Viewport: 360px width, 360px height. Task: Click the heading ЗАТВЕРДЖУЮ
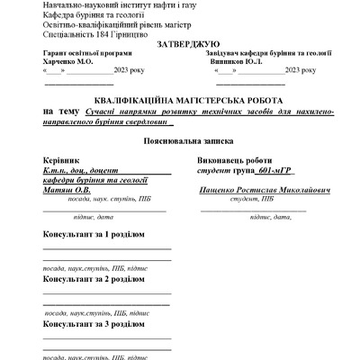click(x=187, y=44)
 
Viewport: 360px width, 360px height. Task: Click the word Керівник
click(x=61, y=160)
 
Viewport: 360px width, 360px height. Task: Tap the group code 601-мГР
click(x=278, y=170)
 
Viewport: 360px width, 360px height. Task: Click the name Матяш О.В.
click(x=67, y=190)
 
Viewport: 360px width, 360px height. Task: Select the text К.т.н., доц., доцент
click(x=80, y=170)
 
